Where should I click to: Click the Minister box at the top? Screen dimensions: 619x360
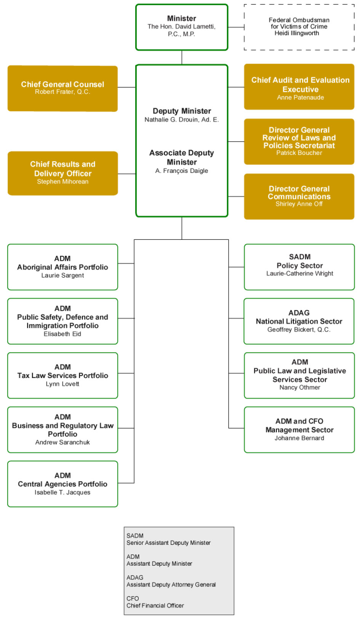[182, 27]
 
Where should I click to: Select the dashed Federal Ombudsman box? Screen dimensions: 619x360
[299, 27]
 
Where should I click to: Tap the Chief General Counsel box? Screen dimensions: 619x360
[62, 88]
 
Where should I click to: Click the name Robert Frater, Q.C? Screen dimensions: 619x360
[62, 92]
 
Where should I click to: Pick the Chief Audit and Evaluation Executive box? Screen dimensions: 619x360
[299, 87]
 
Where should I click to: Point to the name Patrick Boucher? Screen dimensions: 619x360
[299, 153]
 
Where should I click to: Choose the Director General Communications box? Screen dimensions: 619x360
[299, 196]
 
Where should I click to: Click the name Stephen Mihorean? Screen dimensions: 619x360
[62, 182]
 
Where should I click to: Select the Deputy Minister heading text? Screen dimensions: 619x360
[182, 111]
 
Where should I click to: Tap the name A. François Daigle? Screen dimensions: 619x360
[182, 171]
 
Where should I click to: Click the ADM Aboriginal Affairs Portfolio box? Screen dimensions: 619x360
[62, 267]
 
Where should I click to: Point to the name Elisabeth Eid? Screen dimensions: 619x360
[62, 334]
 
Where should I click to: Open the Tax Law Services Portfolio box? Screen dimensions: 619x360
[62, 375]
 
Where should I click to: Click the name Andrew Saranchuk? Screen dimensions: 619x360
[62, 442]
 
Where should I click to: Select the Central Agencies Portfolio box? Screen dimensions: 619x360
[62, 484]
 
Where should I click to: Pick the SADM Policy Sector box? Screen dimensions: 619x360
[299, 267]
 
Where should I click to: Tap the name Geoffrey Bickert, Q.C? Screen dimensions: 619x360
[299, 330]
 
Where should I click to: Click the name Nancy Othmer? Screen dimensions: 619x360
[300, 388]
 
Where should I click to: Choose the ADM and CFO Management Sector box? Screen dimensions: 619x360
[299, 429]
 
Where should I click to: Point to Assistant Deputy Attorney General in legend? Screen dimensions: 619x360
[171, 585]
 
